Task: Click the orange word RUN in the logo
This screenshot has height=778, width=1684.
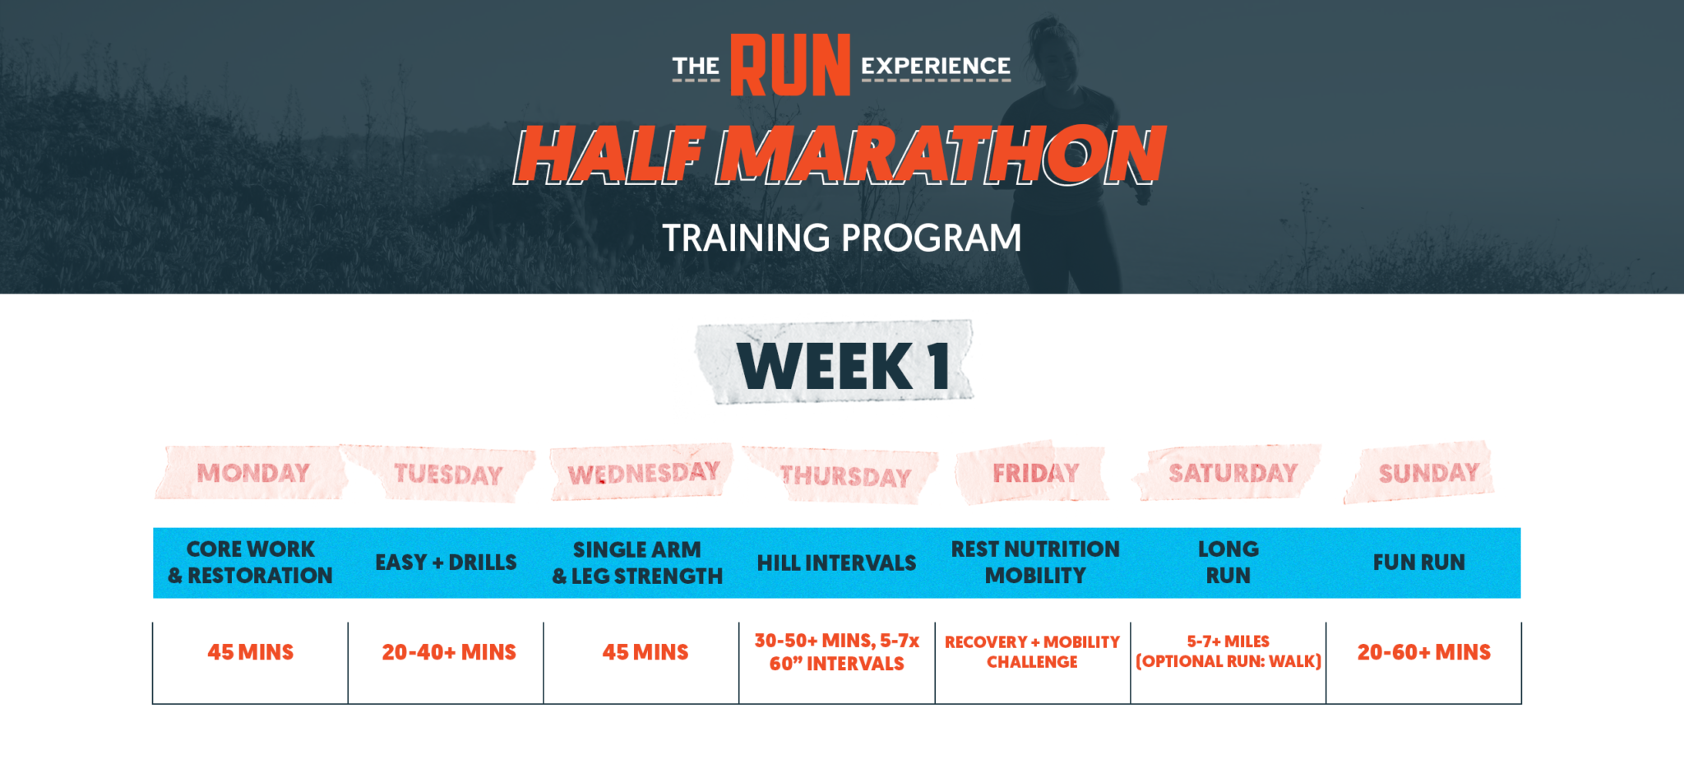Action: (790, 66)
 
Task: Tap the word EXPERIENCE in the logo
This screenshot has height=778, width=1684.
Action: (936, 66)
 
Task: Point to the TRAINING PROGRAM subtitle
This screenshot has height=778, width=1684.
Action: (842, 238)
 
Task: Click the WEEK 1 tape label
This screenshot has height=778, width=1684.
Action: (842, 365)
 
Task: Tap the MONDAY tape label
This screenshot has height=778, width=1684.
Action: (253, 473)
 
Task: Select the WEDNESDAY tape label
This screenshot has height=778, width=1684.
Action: (643, 474)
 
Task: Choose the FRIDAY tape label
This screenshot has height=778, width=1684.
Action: (1035, 473)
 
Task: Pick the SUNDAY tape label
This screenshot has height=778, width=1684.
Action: (1428, 473)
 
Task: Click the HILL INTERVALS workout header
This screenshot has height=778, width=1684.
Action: (836, 563)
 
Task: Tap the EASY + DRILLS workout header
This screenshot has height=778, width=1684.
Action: (446, 563)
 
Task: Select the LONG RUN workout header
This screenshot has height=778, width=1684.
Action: (1228, 563)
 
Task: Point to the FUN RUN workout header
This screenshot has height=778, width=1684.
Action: (1418, 563)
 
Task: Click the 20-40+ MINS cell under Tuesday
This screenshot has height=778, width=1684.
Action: (448, 652)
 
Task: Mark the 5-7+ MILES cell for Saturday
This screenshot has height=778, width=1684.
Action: (1228, 651)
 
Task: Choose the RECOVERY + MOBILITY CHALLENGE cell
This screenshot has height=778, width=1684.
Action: (1032, 651)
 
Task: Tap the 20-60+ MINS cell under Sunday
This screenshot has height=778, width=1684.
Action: (1423, 652)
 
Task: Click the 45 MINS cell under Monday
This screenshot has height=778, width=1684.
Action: (250, 652)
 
